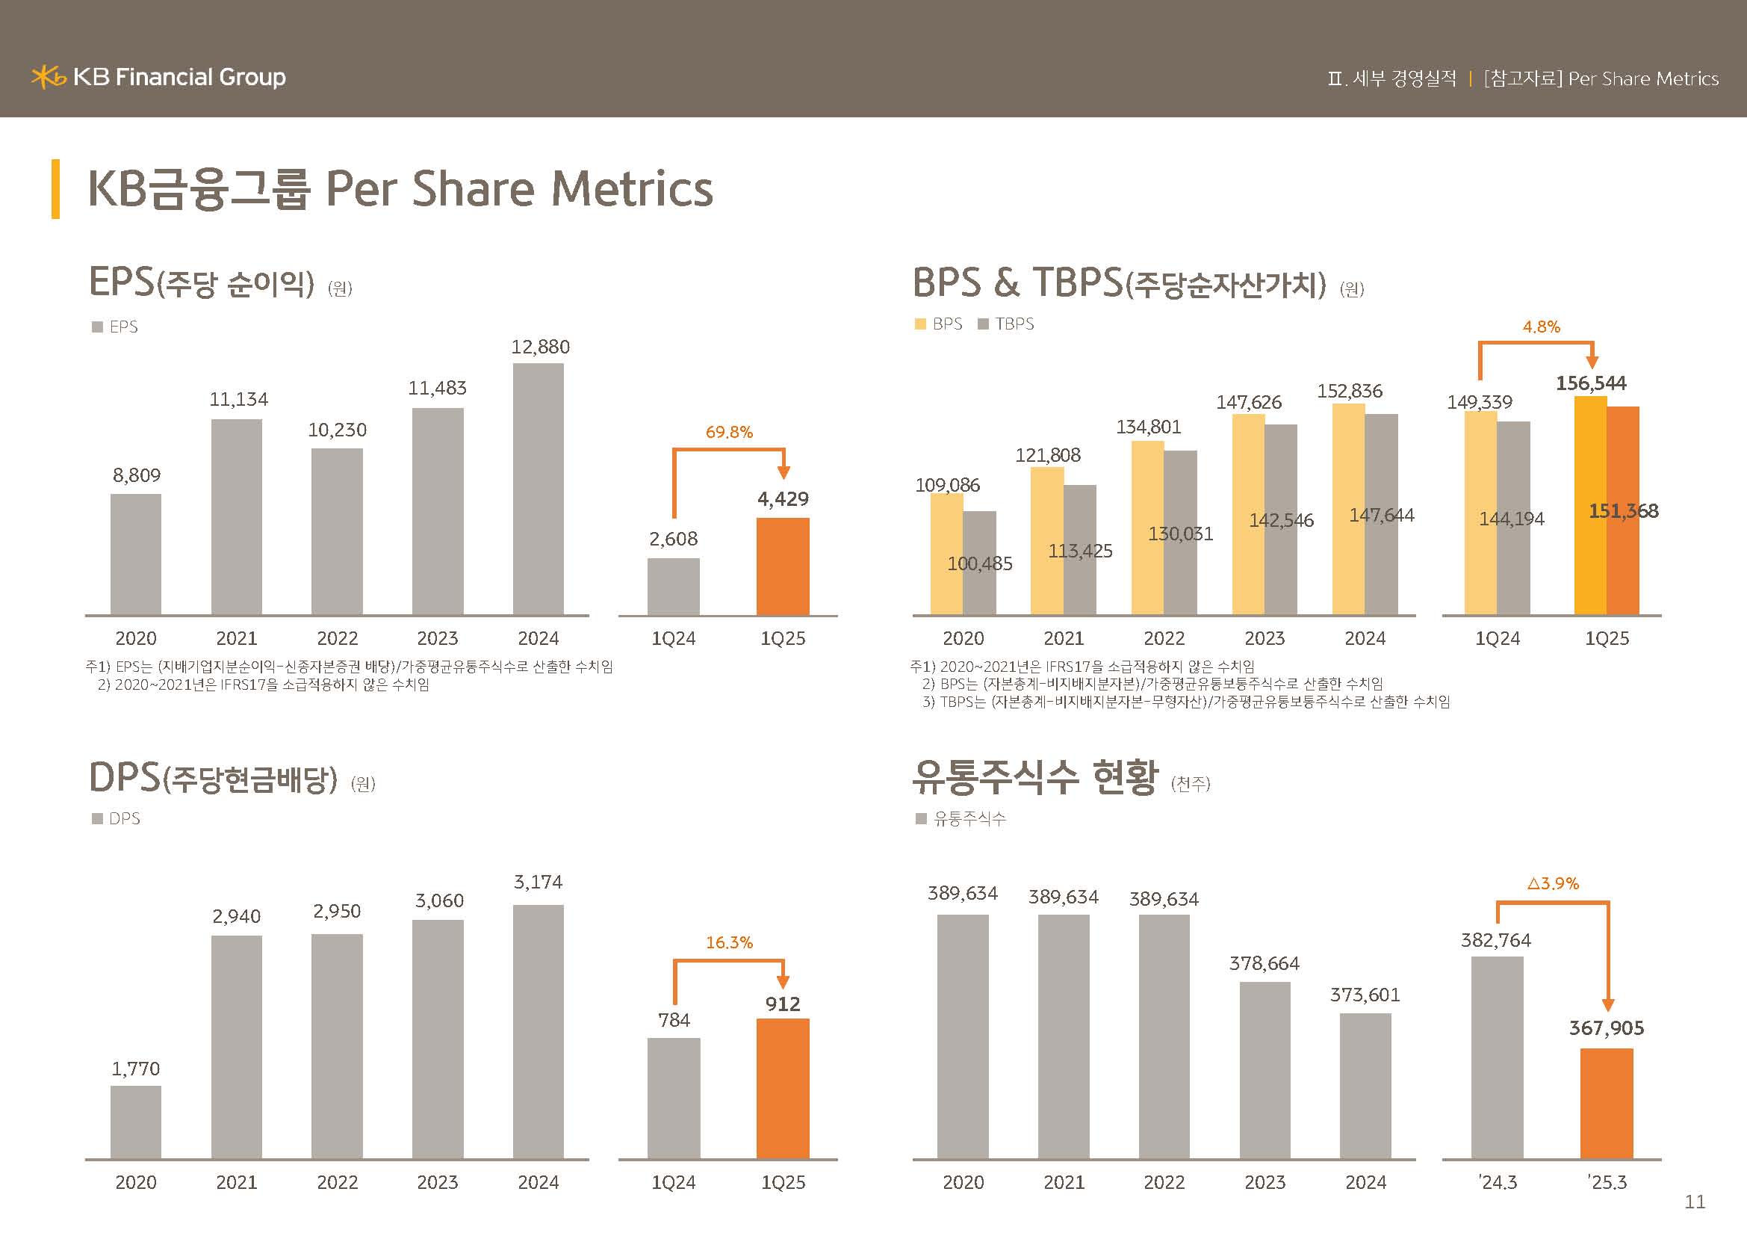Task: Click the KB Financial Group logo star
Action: click(x=48, y=77)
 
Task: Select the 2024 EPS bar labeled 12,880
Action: click(x=538, y=488)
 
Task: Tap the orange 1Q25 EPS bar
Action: click(x=782, y=566)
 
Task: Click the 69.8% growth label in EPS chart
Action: click(x=729, y=432)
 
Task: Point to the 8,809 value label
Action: click(x=137, y=476)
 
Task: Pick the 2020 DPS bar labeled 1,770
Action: click(x=135, y=1122)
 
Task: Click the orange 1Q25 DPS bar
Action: click(x=782, y=1088)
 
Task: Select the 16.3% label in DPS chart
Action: click(x=729, y=943)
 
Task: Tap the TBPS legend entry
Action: click(x=1006, y=324)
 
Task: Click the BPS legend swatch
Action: click(x=921, y=324)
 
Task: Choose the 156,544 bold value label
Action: click(x=1590, y=383)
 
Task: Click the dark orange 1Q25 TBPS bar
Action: click(x=1623, y=563)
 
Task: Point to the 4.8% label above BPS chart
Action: click(x=1541, y=327)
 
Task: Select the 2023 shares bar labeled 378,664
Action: click(x=1265, y=1069)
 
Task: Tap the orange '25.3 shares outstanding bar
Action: click(x=1607, y=1104)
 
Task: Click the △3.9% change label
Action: click(x=1553, y=883)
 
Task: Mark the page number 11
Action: click(x=1695, y=1202)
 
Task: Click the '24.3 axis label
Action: click(x=1498, y=1183)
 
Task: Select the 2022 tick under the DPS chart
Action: click(x=337, y=1183)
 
